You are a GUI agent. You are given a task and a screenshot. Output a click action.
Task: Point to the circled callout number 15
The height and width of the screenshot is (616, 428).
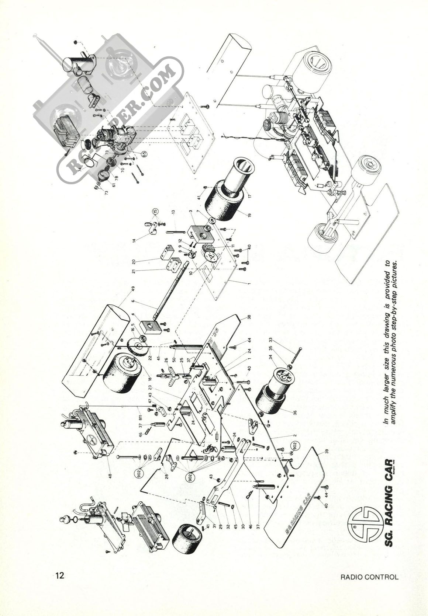pyautogui.click(x=155, y=212)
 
